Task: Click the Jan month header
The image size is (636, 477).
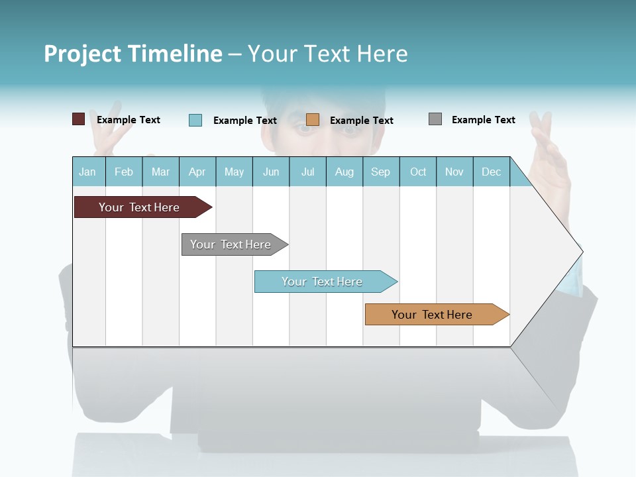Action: pyautogui.click(x=87, y=172)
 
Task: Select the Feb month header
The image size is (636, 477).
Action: pyautogui.click(x=124, y=172)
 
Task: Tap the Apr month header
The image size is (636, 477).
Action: pyautogui.click(x=197, y=172)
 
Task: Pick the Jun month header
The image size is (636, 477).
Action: pyautogui.click(x=271, y=172)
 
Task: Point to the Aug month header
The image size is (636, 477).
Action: pyautogui.click(x=344, y=172)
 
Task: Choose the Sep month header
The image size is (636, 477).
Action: pyautogui.click(x=380, y=172)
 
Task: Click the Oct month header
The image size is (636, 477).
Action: pyautogui.click(x=418, y=172)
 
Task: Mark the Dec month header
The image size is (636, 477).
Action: pyautogui.click(x=492, y=172)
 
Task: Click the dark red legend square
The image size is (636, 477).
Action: pyautogui.click(x=78, y=119)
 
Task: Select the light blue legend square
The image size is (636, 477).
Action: pyautogui.click(x=195, y=120)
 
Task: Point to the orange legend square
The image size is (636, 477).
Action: pyautogui.click(x=313, y=119)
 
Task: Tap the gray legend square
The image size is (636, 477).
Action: pyautogui.click(x=435, y=119)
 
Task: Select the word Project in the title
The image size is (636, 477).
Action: pyautogui.click(x=82, y=54)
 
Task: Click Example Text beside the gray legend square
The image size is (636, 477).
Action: pyautogui.click(x=483, y=120)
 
